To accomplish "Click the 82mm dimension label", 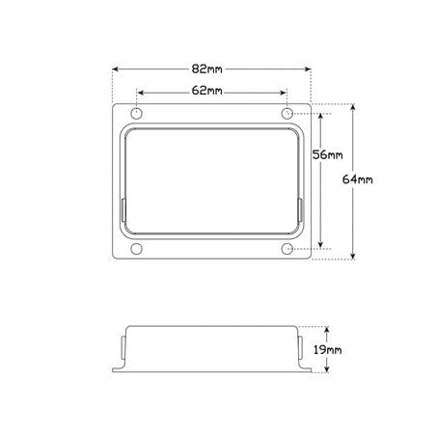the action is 206,69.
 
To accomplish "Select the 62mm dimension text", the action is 206,91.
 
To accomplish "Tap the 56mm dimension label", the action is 327,155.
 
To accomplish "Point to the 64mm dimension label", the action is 358,179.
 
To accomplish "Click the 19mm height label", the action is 327,350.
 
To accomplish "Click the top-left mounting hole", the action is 137,113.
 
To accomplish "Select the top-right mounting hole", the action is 287,113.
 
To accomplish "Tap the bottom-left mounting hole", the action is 137,249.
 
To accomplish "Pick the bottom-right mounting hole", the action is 287,249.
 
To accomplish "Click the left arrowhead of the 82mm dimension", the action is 116,69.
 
